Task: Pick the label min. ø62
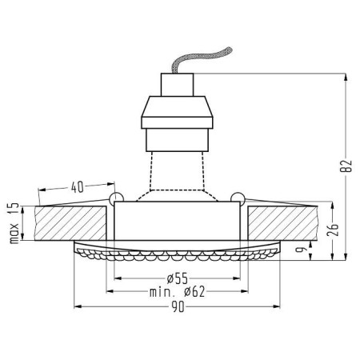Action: pyautogui.click(x=178, y=292)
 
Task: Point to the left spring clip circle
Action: pyautogui.click(x=115, y=197)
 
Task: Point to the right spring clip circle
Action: pyautogui.click(x=237, y=197)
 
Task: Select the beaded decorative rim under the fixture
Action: pyautogui.click(x=178, y=256)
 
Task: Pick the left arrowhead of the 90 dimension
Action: pyautogui.click(x=78, y=306)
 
